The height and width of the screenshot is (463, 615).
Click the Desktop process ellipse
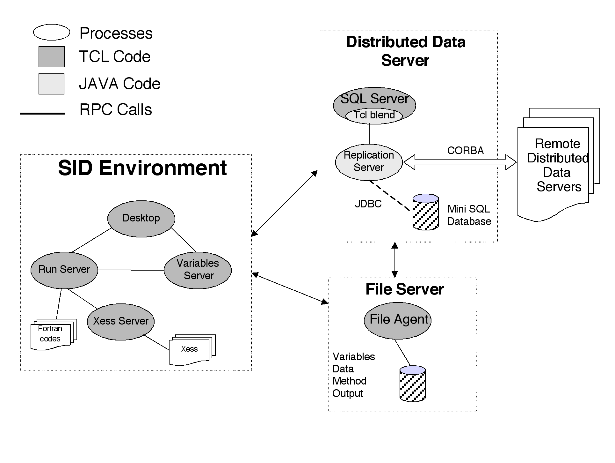point(141,219)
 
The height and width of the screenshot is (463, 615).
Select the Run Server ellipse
point(64,270)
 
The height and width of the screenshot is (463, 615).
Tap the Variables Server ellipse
point(198,270)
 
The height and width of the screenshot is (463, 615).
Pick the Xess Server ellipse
point(121,321)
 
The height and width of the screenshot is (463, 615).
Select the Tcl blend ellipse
point(374,115)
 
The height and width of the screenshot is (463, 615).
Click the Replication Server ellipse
point(369,162)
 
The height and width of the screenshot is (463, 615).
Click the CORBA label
point(465,151)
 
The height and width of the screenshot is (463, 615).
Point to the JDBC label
point(368,204)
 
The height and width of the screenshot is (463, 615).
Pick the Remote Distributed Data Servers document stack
point(554,166)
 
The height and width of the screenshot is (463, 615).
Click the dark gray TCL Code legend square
point(52,57)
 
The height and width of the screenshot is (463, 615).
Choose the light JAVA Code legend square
point(52,84)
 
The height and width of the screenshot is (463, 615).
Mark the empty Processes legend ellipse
point(52,32)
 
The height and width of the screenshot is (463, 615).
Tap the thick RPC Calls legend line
point(43,113)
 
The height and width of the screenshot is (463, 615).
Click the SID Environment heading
point(142,168)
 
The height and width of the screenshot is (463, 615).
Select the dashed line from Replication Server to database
point(389,195)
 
